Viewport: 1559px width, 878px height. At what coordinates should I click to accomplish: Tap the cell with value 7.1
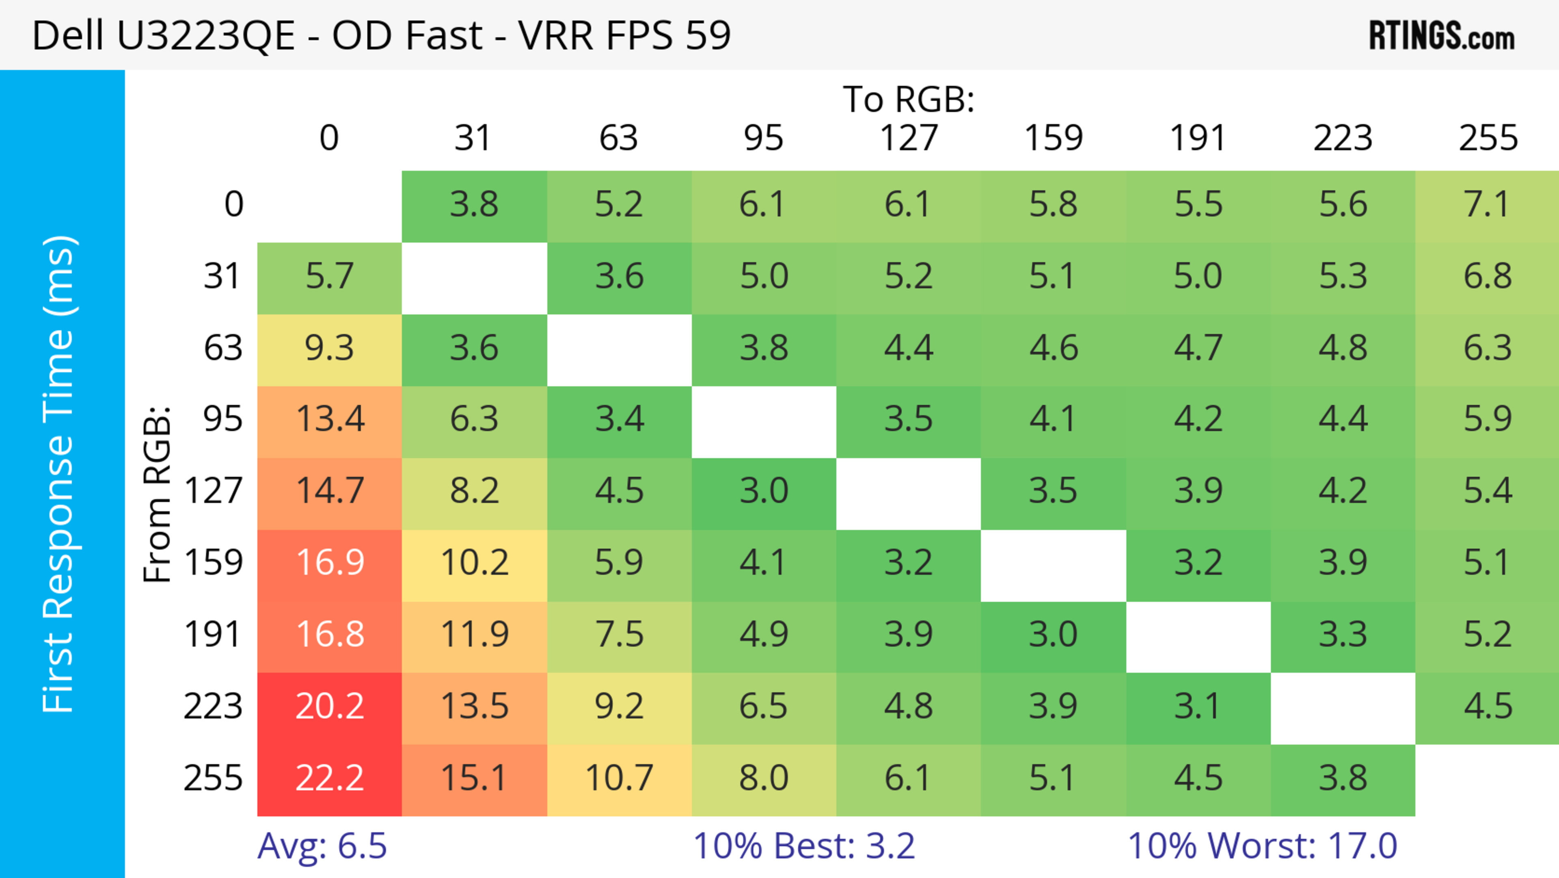pos(1487,205)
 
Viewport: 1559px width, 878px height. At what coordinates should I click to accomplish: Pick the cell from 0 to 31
pos(474,205)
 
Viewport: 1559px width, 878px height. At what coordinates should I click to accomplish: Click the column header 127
pos(909,139)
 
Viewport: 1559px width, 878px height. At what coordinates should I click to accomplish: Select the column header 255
pos(1488,139)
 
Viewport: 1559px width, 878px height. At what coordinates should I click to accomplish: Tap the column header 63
pos(618,139)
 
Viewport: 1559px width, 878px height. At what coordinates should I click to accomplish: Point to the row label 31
pos(223,277)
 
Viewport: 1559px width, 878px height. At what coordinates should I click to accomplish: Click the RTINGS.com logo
pos(1442,36)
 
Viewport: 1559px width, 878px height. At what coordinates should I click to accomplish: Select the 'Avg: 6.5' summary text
pos(322,846)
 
